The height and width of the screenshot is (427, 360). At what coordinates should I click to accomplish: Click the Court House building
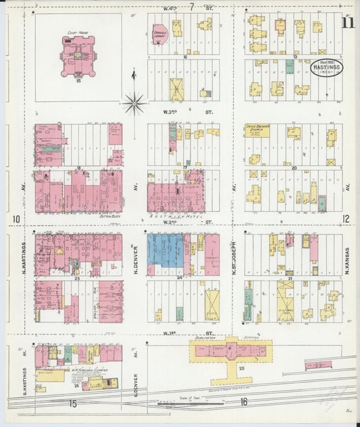click(78, 57)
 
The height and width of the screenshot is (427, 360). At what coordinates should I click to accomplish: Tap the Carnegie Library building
click(160, 35)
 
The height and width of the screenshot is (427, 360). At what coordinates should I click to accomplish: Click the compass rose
click(134, 103)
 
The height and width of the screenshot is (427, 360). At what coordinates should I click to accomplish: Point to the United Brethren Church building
click(257, 130)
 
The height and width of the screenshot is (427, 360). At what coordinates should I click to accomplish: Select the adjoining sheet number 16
click(243, 403)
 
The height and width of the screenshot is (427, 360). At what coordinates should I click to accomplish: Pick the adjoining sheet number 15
click(72, 404)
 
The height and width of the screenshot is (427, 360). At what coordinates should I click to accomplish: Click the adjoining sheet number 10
click(16, 219)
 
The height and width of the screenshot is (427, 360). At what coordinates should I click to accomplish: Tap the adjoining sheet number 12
click(346, 218)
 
